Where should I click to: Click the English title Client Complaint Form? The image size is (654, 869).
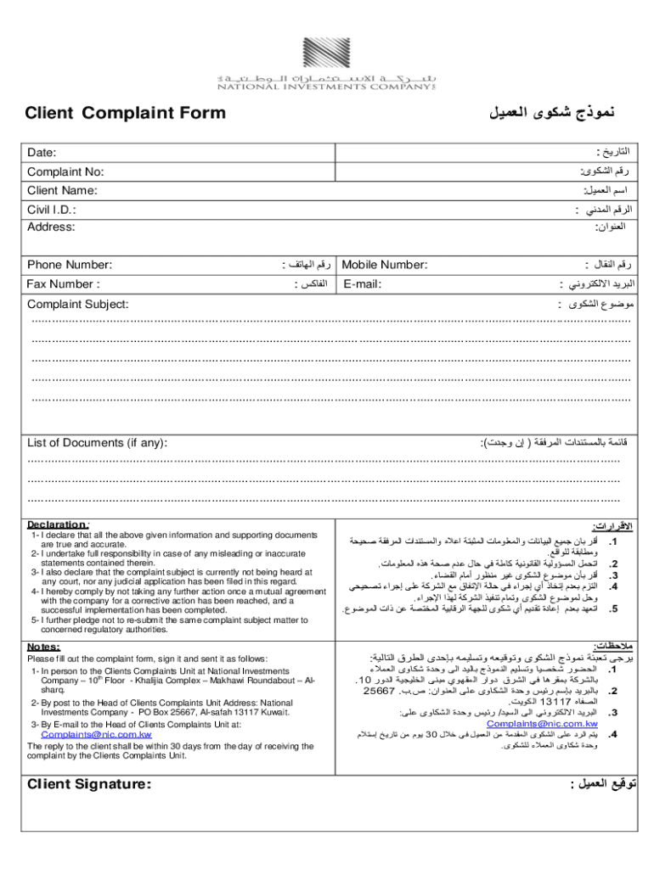point(125,113)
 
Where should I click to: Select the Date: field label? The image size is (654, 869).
point(42,153)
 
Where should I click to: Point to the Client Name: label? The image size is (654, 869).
point(62,191)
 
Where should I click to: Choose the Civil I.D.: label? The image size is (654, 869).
point(53,210)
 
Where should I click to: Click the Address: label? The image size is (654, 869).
point(51,227)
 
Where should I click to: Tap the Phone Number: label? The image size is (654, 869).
point(70,265)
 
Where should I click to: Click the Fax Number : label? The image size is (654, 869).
point(64,283)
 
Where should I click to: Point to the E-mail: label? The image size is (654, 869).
point(364,283)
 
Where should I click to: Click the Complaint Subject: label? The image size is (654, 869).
point(78,304)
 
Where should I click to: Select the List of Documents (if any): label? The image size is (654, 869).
point(97,442)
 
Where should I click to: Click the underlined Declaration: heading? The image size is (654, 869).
point(59,524)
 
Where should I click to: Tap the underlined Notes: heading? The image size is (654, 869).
point(43,646)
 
